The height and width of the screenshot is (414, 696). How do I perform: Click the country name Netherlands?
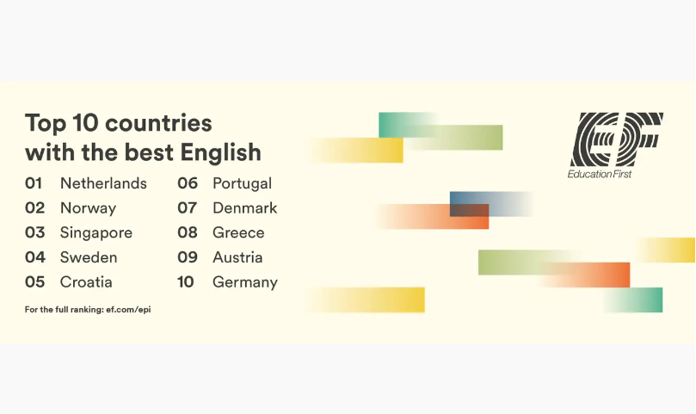pos(103,183)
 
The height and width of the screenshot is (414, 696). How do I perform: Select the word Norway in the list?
pos(88,208)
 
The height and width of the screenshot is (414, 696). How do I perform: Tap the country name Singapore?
pos(96,233)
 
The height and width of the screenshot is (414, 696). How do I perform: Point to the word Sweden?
pos(89,257)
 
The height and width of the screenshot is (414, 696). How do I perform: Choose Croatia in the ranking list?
pos(86,282)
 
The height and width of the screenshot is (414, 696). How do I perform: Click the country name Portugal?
pos(243,184)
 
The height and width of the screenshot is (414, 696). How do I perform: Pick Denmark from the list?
pos(245,208)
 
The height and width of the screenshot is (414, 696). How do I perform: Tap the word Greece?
pos(239,232)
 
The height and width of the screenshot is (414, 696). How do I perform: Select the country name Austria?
pos(238,257)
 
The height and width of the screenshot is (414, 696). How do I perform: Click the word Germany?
pos(245,282)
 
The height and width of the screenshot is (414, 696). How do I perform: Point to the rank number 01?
pos(34,183)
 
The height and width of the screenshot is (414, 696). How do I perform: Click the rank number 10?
pos(186,282)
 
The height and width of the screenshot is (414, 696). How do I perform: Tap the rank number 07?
pos(188,208)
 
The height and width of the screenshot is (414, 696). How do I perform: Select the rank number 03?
pos(35,232)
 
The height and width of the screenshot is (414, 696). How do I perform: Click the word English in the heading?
pos(220,153)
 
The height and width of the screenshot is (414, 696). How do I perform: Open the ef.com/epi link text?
pos(128,310)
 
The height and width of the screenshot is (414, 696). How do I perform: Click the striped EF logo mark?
pos(616,139)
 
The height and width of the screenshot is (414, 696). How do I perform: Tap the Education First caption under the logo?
pos(600,174)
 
